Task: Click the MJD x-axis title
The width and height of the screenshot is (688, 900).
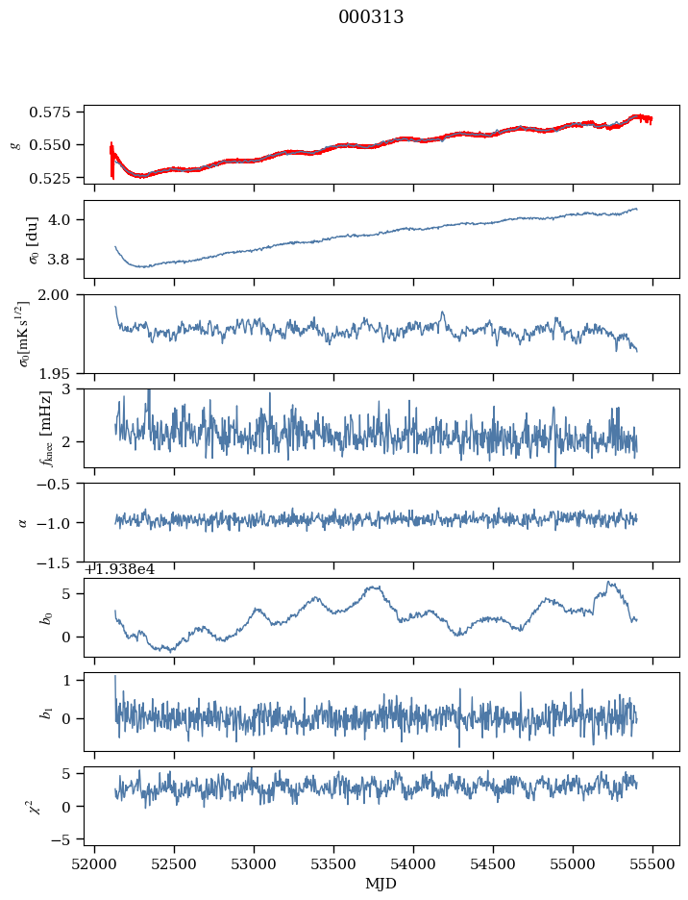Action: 381,883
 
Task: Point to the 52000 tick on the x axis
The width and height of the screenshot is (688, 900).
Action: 94,863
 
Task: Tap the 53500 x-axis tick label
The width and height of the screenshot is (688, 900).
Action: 334,863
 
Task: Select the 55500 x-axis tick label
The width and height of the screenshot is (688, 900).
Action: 653,863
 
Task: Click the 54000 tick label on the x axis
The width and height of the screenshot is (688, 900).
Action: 414,863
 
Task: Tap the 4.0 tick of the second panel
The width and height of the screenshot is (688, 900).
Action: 67,219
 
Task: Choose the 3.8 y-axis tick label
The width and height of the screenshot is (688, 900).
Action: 67,260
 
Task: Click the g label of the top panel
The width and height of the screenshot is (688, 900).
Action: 14,144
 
